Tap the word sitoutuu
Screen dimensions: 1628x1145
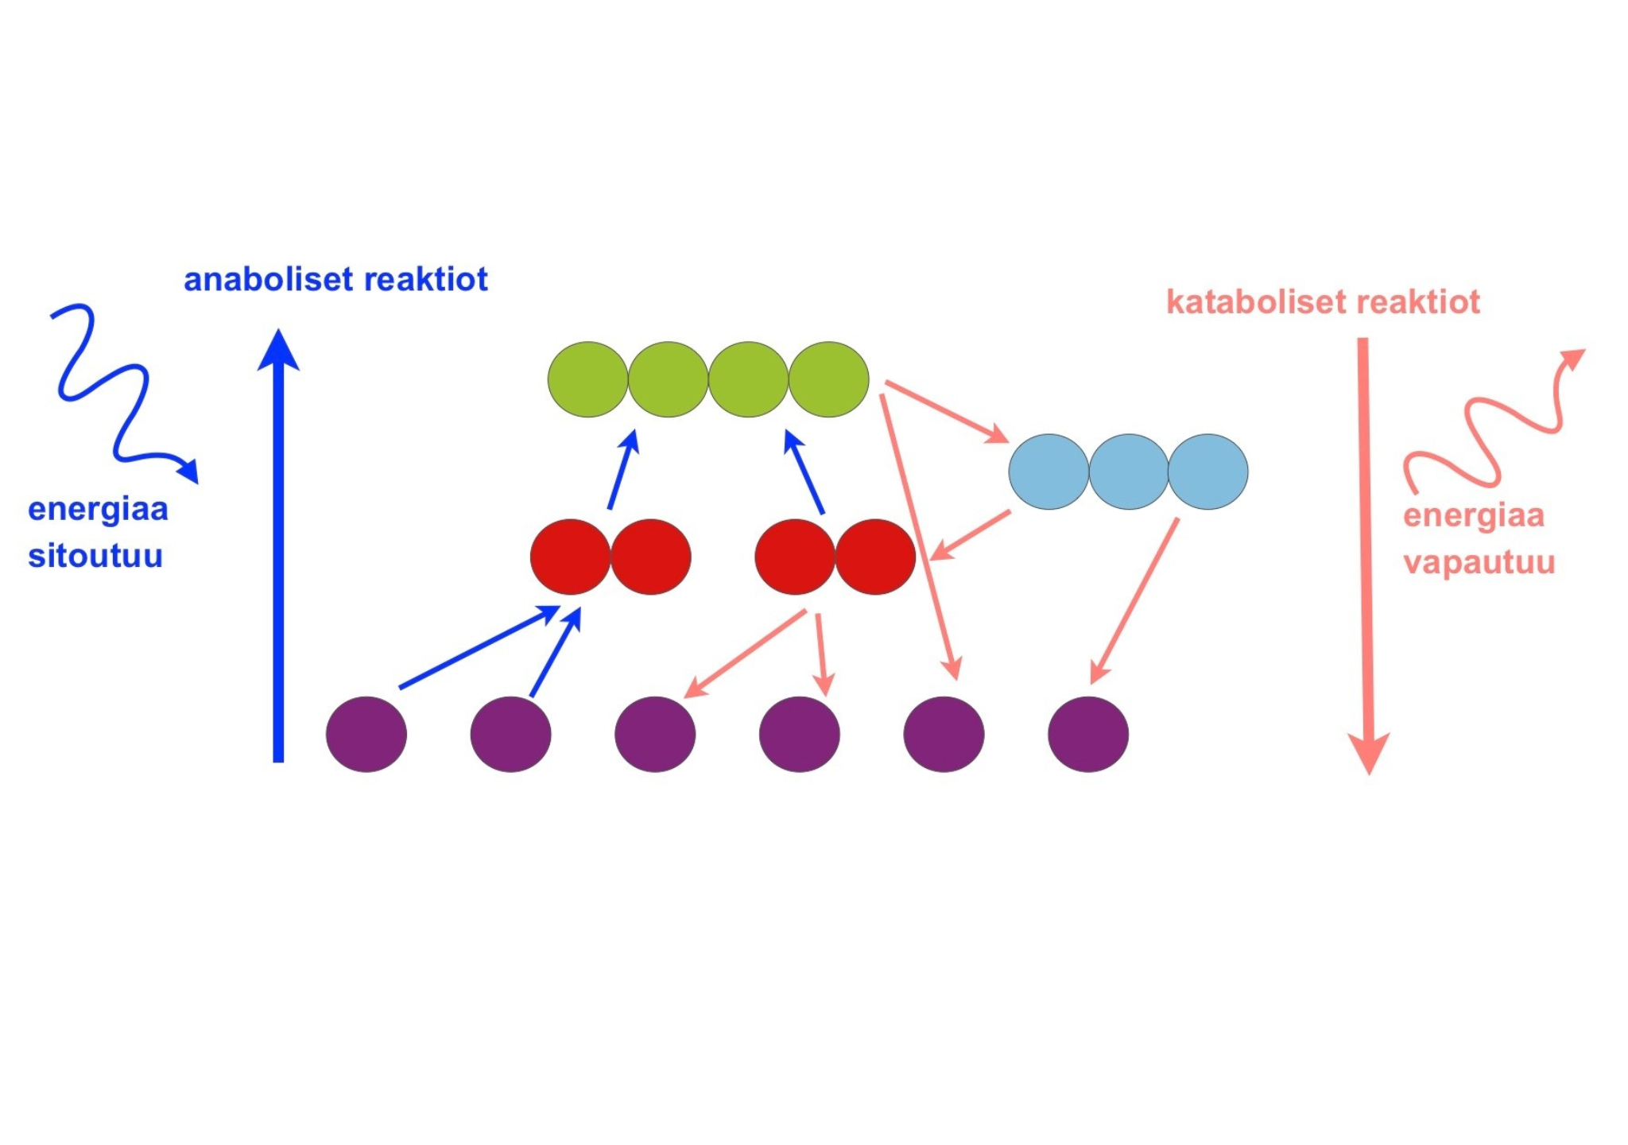point(95,556)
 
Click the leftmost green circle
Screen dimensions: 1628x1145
point(588,379)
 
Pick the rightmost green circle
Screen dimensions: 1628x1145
point(829,379)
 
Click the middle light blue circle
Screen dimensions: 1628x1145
point(1129,472)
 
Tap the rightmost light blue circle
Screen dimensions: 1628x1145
point(1208,472)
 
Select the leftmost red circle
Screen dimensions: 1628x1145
point(571,557)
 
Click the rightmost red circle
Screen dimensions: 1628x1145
point(875,557)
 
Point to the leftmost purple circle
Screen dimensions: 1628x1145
point(366,734)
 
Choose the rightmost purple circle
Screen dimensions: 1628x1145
point(1088,734)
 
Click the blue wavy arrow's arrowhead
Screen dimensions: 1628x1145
point(189,470)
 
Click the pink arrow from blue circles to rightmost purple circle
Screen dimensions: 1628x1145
point(1134,601)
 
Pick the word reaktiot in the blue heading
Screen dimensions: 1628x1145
point(427,280)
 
